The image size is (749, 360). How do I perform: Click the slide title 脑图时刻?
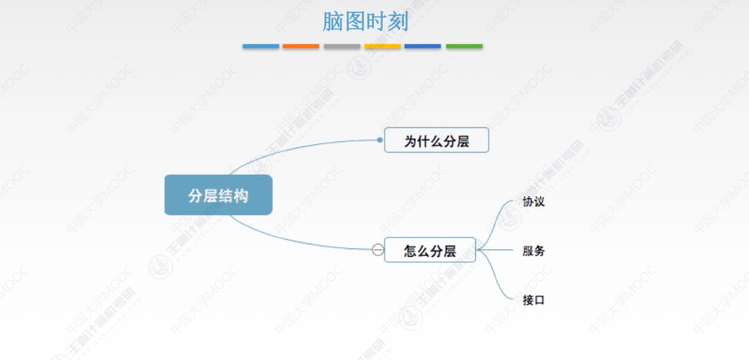pyautogui.click(x=365, y=22)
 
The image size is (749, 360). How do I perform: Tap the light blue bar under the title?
pyautogui.click(x=261, y=47)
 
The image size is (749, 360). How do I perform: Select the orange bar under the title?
pyautogui.click(x=301, y=47)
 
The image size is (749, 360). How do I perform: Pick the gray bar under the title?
pyautogui.click(x=342, y=47)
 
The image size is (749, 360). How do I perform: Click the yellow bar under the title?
pyautogui.click(x=382, y=47)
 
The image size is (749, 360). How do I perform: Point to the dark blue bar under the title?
pyautogui.click(x=423, y=47)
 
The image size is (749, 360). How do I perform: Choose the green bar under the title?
pyautogui.click(x=464, y=47)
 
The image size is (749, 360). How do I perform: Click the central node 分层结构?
pyautogui.click(x=218, y=195)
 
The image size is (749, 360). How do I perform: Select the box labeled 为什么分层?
pyautogui.click(x=436, y=140)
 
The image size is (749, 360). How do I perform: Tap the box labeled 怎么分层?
pyautogui.click(x=430, y=250)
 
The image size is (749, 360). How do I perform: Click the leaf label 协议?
pyautogui.click(x=533, y=202)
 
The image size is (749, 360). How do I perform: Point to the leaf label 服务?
pyautogui.click(x=533, y=251)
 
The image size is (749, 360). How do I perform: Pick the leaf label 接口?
pyautogui.click(x=533, y=300)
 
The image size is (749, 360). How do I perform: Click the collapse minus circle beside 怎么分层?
pyautogui.click(x=378, y=250)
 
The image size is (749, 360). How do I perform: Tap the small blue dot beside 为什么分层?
pyautogui.click(x=380, y=140)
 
